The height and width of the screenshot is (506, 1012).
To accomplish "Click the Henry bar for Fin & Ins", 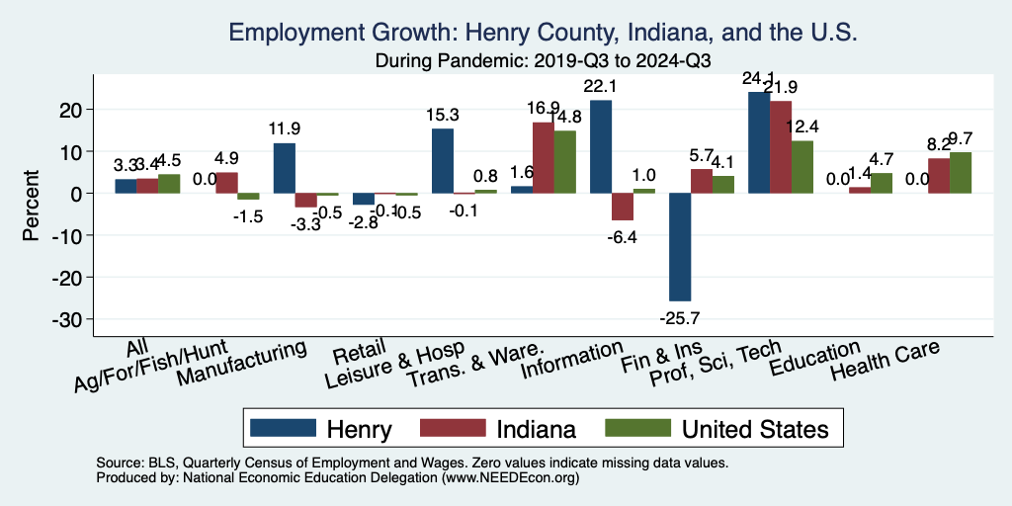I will click(x=680, y=247).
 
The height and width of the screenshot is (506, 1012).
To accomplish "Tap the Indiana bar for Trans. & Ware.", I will click(x=544, y=158).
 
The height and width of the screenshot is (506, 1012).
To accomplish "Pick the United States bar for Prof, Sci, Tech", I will click(x=802, y=167).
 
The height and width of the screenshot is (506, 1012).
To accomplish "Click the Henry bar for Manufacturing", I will click(x=285, y=168).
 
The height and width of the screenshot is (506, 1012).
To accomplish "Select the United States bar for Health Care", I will click(x=961, y=173).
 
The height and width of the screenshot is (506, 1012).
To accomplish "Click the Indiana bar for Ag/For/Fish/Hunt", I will click(x=226, y=183).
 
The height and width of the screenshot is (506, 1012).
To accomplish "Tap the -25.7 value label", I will click(x=680, y=317).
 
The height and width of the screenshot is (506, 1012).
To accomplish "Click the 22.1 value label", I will click(x=601, y=87).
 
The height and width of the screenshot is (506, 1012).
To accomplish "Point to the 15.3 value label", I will click(x=443, y=116).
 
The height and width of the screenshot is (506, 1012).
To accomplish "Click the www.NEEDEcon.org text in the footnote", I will click(x=494, y=477).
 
